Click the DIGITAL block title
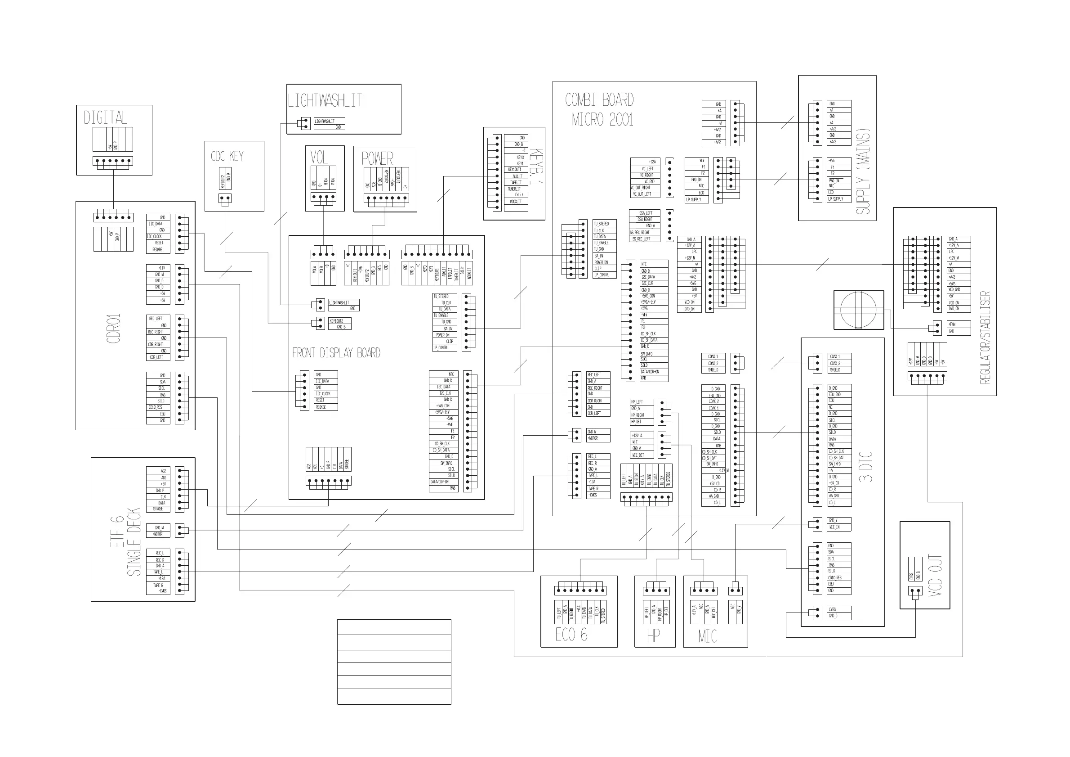(x=105, y=117)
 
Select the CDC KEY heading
(x=227, y=156)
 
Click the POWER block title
(x=377, y=158)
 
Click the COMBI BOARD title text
(x=599, y=100)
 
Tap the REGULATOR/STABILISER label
(x=985, y=337)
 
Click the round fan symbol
(x=858, y=310)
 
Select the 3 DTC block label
(x=865, y=466)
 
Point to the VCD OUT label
(x=935, y=575)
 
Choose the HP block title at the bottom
(x=653, y=635)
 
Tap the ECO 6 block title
(x=571, y=635)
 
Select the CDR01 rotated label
(x=114, y=329)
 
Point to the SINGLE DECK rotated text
(x=134, y=541)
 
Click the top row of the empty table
(x=394, y=627)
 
